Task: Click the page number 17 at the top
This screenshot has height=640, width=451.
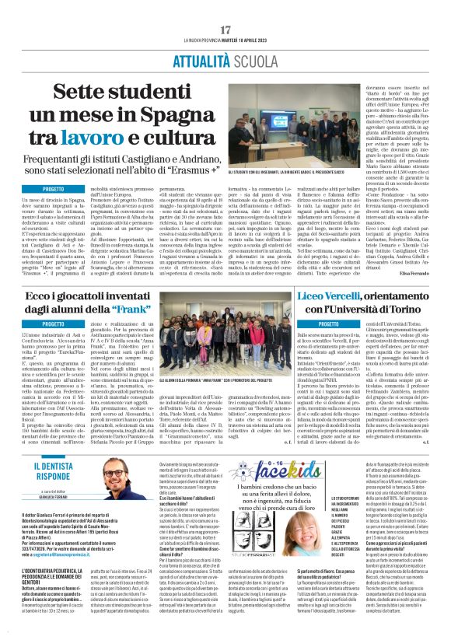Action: coord(226,30)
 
